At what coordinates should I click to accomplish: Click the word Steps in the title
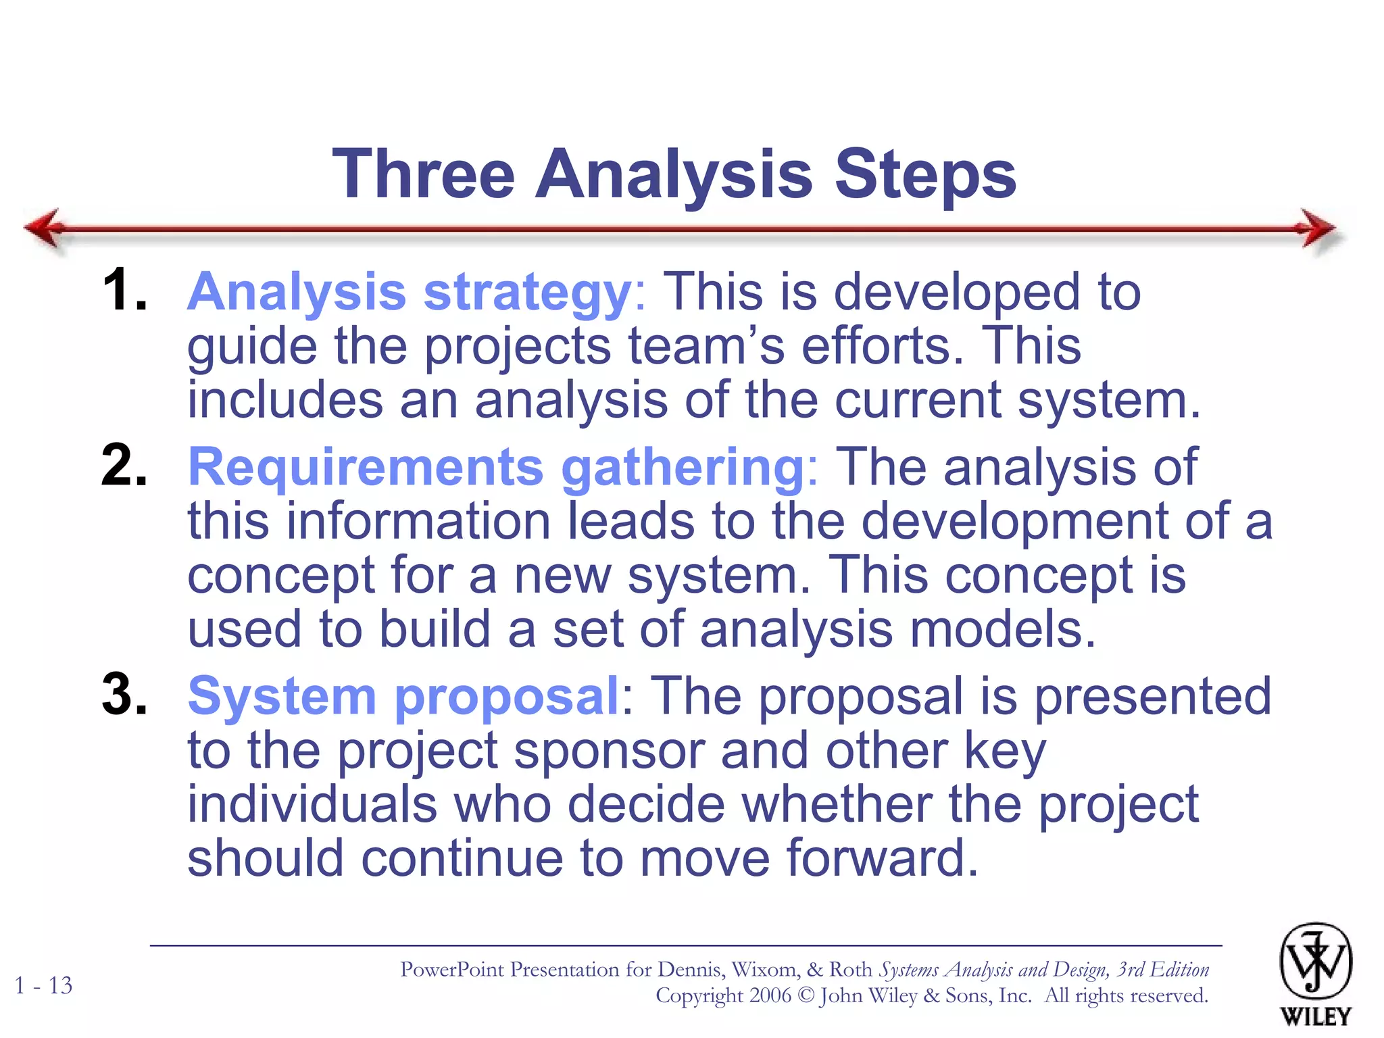pyautogui.click(x=925, y=174)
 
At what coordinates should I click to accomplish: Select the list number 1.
pyautogui.click(x=124, y=291)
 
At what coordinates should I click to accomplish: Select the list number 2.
pyautogui.click(x=124, y=466)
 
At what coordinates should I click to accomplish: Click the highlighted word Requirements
pyautogui.click(x=365, y=467)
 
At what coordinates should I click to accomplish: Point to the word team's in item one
pyautogui.click(x=706, y=346)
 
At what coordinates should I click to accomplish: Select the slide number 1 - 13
pyautogui.click(x=43, y=985)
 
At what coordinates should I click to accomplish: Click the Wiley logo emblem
pyautogui.click(x=1315, y=962)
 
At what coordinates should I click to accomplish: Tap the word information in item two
pyautogui.click(x=418, y=521)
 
